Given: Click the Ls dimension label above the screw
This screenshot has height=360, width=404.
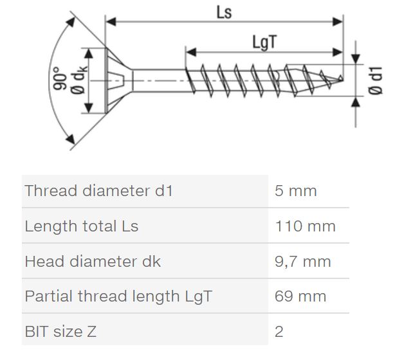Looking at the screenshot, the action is click(x=224, y=12).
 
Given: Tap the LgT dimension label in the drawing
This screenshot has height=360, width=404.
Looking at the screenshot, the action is click(x=264, y=42).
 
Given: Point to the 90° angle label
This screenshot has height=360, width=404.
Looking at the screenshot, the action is click(x=60, y=78).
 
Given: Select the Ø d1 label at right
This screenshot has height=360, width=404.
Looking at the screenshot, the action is click(x=375, y=80).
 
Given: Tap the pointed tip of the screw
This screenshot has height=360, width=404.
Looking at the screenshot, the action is click(x=342, y=79).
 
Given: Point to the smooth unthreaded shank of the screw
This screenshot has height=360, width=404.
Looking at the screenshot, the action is click(x=159, y=80).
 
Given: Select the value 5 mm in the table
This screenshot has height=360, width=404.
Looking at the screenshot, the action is click(x=295, y=191).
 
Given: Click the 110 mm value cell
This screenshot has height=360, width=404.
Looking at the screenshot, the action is click(x=305, y=226).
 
